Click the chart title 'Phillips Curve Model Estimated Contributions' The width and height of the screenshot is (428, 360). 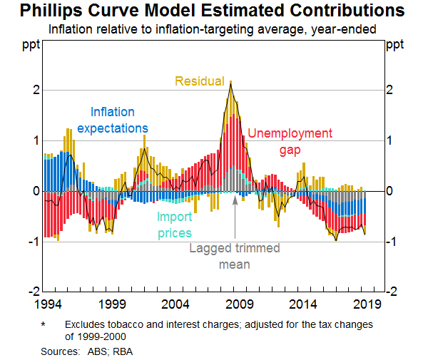(x=213, y=12)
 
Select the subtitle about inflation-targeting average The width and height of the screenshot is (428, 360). (x=213, y=30)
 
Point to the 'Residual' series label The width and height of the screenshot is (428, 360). (x=200, y=81)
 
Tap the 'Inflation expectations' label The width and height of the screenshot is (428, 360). (x=112, y=120)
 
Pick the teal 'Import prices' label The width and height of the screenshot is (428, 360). (x=174, y=224)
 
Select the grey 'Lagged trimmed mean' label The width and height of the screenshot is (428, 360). (x=235, y=256)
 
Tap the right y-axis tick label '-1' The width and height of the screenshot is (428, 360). (x=394, y=242)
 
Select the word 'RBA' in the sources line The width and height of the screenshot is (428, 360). (x=122, y=351)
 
